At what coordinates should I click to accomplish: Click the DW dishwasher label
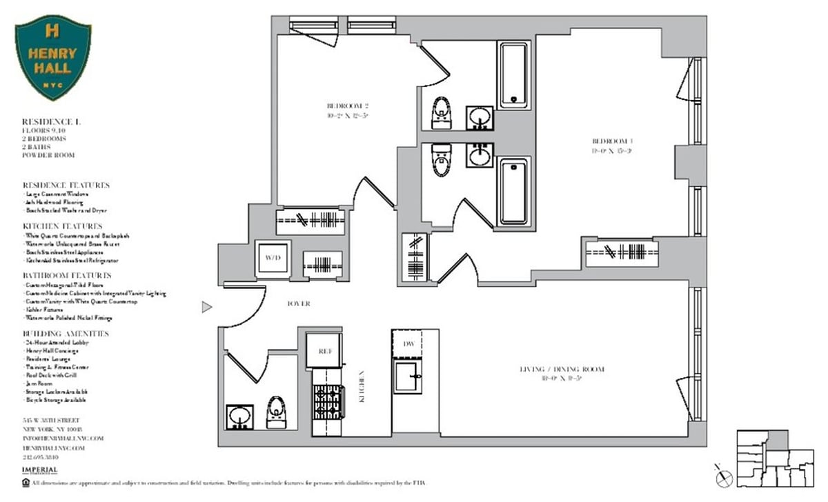tap(408, 343)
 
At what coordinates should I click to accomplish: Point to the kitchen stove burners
tap(328, 401)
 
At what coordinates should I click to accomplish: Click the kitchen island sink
tap(408, 376)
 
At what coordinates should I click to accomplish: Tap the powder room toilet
tap(276, 412)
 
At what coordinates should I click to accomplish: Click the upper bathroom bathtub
tap(514, 74)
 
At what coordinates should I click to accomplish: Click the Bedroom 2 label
tap(348, 110)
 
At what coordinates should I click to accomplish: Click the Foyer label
tap(298, 303)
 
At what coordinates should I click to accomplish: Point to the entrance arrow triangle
tap(206, 307)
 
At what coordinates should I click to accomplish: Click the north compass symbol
tap(723, 476)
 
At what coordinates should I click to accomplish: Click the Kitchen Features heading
tap(62, 226)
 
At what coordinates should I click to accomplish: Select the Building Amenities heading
tap(65, 334)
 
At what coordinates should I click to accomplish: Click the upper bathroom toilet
tap(440, 113)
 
